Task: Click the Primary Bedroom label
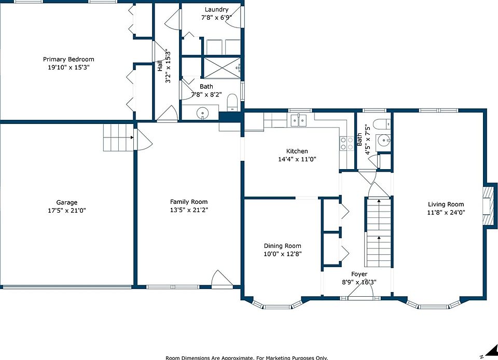tap(68, 59)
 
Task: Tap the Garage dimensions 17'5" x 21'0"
tap(67, 211)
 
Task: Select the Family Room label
tap(189, 202)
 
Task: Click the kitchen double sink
tap(299, 120)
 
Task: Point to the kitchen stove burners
tap(347, 143)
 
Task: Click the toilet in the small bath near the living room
tap(381, 124)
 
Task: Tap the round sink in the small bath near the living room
tap(383, 140)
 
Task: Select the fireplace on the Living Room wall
tap(489, 205)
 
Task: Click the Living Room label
tap(446, 204)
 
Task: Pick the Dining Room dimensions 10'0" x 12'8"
tap(283, 254)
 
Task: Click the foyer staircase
tap(378, 232)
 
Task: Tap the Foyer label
tap(359, 274)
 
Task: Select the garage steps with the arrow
tap(118, 137)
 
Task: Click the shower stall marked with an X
tap(222, 67)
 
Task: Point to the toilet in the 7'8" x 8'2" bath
tap(232, 102)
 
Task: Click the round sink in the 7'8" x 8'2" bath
tap(202, 113)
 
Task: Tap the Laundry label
tap(216, 9)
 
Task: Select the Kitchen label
tap(297, 151)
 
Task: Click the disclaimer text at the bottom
tap(247, 358)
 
